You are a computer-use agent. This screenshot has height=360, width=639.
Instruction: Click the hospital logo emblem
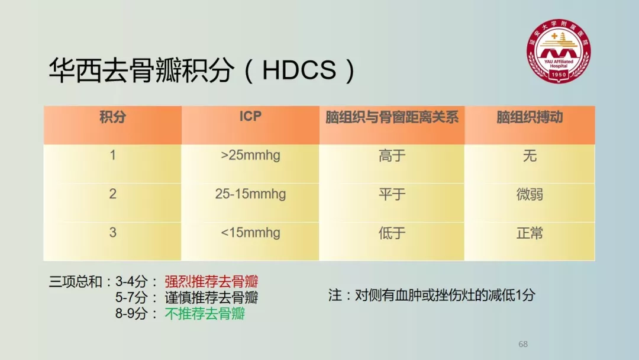pyautogui.click(x=559, y=51)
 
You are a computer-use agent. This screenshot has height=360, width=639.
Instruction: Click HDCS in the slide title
pyautogui.click(x=299, y=70)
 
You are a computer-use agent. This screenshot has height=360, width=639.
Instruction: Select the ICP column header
pyautogui.click(x=250, y=117)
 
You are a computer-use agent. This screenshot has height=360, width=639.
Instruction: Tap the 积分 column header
pyautogui.click(x=112, y=117)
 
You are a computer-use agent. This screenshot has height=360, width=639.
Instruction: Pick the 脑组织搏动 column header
pyautogui.click(x=530, y=117)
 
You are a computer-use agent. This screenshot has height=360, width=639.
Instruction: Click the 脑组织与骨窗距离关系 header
pyautogui.click(x=392, y=117)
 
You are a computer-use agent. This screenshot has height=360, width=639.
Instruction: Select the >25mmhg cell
pyautogui.click(x=250, y=155)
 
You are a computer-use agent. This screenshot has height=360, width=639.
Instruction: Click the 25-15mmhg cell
pyautogui.click(x=250, y=194)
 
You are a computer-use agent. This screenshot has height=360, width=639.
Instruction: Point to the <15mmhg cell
pyautogui.click(x=250, y=233)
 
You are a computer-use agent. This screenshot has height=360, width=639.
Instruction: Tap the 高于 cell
pyautogui.click(x=392, y=156)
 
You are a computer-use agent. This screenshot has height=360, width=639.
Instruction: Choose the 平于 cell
pyautogui.click(x=392, y=194)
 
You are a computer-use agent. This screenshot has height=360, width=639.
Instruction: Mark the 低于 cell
pyautogui.click(x=392, y=233)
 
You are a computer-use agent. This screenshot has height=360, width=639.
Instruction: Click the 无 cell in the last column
pyautogui.click(x=530, y=156)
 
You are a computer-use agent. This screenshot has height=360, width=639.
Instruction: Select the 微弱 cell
pyautogui.click(x=530, y=194)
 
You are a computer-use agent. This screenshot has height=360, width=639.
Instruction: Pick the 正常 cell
pyautogui.click(x=530, y=233)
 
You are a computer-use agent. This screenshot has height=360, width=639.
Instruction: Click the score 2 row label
pyautogui.click(x=112, y=194)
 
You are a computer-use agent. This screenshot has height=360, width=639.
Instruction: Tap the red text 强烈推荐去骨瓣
pyautogui.click(x=211, y=282)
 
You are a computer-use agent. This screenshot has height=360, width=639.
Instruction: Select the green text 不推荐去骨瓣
pyautogui.click(x=205, y=314)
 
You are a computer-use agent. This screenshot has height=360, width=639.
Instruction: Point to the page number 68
pyautogui.click(x=523, y=344)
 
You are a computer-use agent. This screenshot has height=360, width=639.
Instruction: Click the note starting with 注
pyautogui.click(x=431, y=295)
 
